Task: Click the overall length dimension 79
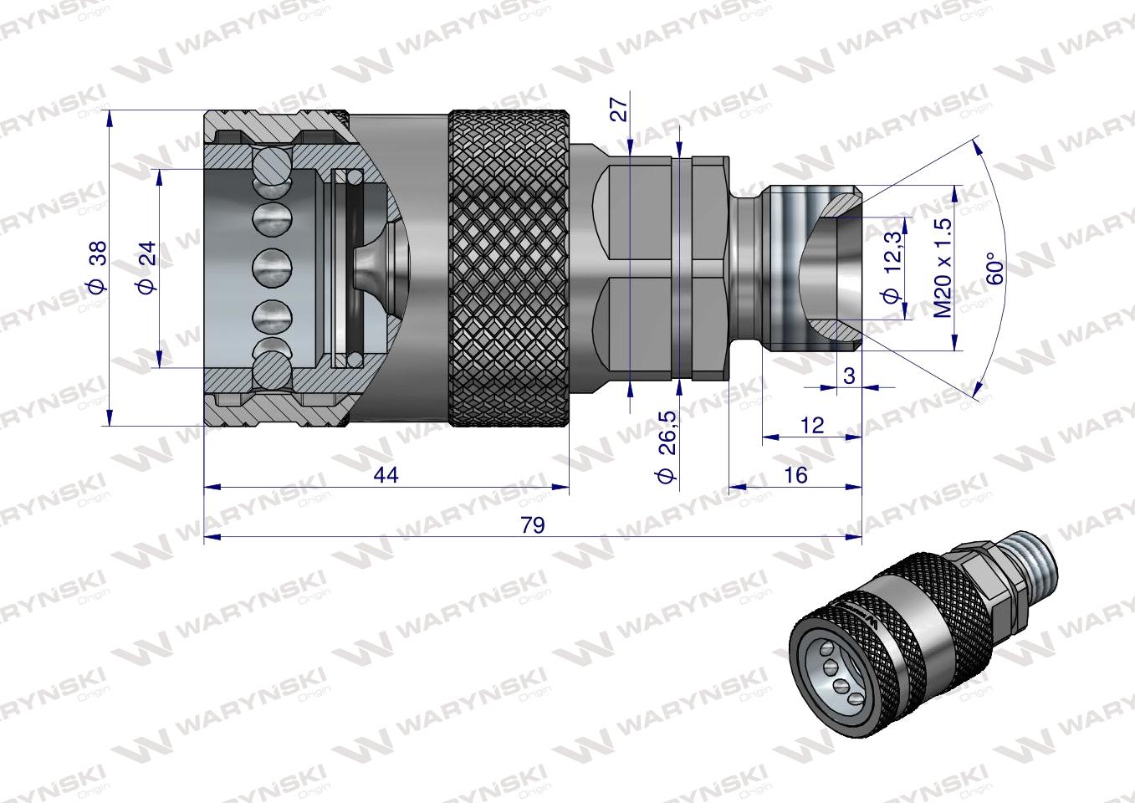[x=532, y=525]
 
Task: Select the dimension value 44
[x=386, y=475]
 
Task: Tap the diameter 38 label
[x=96, y=267]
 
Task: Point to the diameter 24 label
[x=146, y=267]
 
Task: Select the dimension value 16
[x=796, y=475]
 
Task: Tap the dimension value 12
[x=811, y=425]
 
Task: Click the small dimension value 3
[x=849, y=376]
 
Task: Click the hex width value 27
[x=619, y=109]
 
